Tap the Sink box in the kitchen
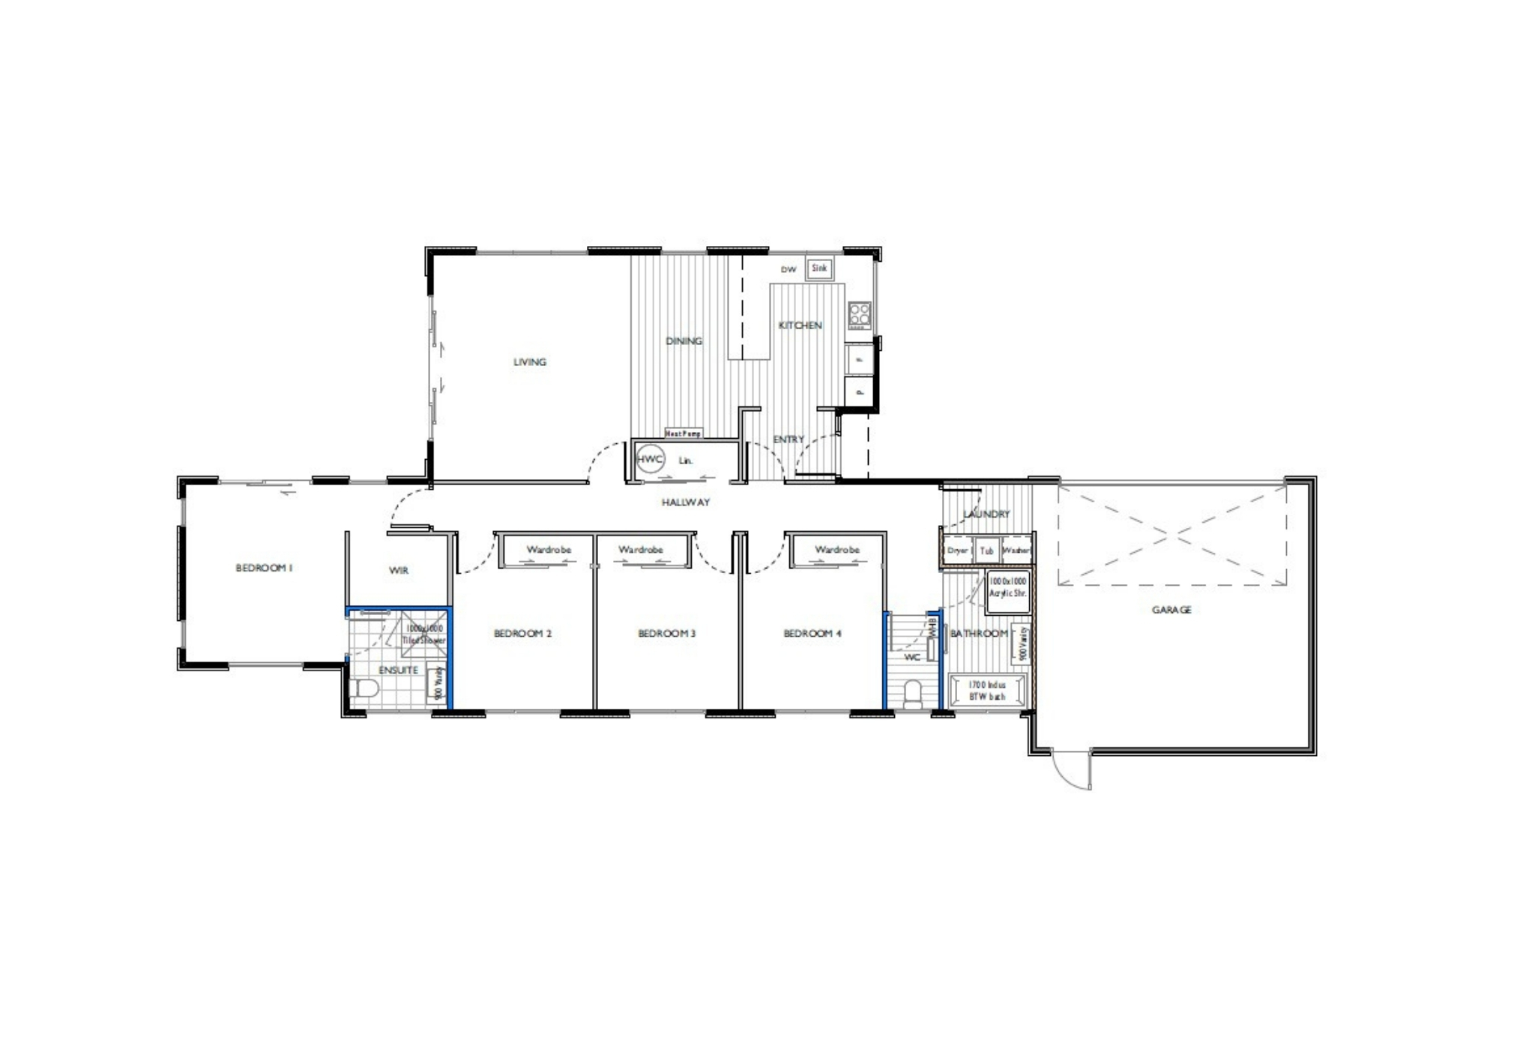coord(818,268)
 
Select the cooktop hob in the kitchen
coord(859,313)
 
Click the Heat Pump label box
coord(683,433)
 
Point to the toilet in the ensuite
coord(362,689)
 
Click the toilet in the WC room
coord(913,693)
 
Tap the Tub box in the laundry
coord(986,550)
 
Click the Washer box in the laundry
coord(1016,550)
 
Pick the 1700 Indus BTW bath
coord(986,690)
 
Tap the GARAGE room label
coord(1171,610)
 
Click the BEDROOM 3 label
coord(666,634)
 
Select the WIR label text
coord(399,571)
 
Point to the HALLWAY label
coord(685,502)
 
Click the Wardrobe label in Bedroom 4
coord(836,550)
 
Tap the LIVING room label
coord(529,362)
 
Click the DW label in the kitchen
coord(788,269)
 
